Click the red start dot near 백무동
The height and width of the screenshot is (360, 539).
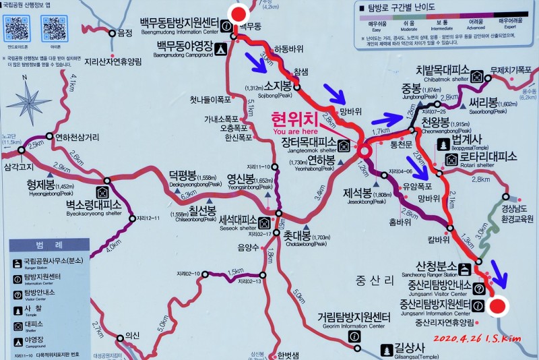pos(239,13)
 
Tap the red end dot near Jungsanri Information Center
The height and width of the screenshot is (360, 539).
pos(498,307)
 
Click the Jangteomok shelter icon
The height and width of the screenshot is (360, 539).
pos(344,146)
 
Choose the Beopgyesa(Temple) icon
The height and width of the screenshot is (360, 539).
pos(443,144)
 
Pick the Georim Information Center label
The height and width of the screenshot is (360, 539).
pos(354,319)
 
